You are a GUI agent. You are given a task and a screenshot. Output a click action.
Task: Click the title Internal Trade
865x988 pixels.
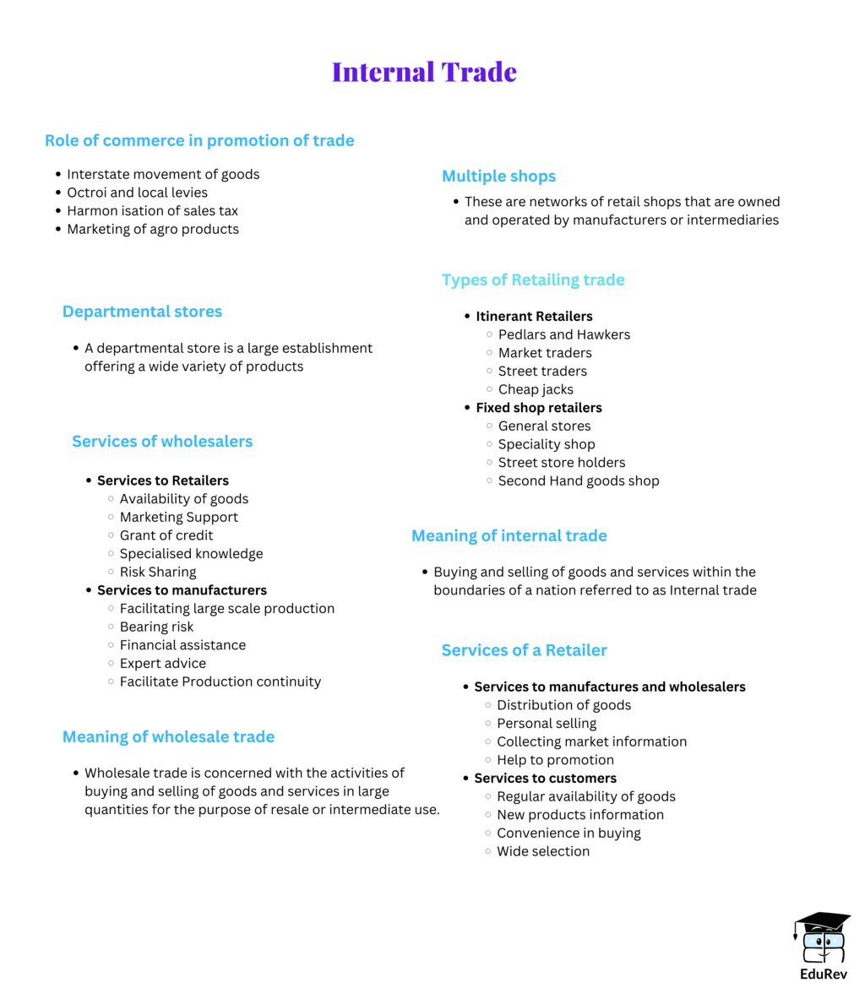(x=424, y=72)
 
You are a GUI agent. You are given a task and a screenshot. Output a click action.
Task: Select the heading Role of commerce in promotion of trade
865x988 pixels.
(x=199, y=141)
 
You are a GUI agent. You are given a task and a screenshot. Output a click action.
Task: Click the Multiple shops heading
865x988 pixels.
(x=498, y=176)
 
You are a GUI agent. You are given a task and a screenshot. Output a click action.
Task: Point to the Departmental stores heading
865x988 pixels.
(x=142, y=312)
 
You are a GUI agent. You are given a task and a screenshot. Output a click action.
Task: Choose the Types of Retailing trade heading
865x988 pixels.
(x=533, y=280)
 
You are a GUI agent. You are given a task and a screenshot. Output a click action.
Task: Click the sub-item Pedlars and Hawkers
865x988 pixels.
(x=563, y=334)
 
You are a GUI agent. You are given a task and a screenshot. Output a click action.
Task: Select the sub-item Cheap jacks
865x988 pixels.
(x=536, y=389)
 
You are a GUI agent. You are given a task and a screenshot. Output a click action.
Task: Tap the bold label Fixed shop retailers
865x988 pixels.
(x=538, y=408)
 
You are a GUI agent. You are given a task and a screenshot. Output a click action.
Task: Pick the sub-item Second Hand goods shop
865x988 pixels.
(x=578, y=480)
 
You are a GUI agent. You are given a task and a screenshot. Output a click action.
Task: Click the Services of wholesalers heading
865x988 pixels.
(x=162, y=442)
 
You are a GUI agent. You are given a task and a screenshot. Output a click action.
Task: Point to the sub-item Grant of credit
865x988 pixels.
(x=166, y=535)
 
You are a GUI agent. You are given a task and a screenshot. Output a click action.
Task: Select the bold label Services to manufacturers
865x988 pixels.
(x=182, y=590)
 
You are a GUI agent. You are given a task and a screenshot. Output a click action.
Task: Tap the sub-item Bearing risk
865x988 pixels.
(x=156, y=627)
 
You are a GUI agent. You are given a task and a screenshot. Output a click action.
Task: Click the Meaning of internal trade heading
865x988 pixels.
(x=509, y=535)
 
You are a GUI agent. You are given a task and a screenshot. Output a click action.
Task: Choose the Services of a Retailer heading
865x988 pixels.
(x=524, y=650)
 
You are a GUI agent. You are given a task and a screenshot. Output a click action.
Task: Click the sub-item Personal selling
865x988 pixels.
(x=546, y=723)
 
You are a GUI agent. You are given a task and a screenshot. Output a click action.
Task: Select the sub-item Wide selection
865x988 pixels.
(x=542, y=851)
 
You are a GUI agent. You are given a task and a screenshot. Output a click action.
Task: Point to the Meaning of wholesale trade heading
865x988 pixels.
(x=168, y=737)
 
